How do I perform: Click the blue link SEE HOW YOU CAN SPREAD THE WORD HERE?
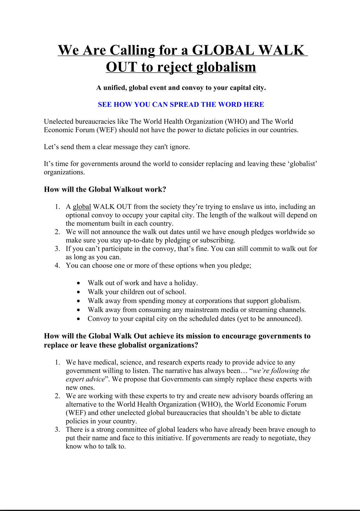pyautogui.click(x=181, y=105)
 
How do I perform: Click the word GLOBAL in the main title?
pyautogui.click(x=223, y=50)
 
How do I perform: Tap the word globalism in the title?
pyautogui.click(x=226, y=67)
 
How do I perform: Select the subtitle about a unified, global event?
pyautogui.click(x=181, y=88)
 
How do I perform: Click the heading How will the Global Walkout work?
pyautogui.click(x=105, y=190)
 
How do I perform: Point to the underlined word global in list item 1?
pyautogui.click(x=82, y=207)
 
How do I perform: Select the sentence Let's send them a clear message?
pyautogui.click(x=117, y=147)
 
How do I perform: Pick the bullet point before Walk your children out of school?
pyautogui.click(x=79, y=292)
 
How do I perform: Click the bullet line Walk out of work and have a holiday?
pyautogui.click(x=143, y=283)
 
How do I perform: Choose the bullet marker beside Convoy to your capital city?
pyautogui.click(x=79, y=319)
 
